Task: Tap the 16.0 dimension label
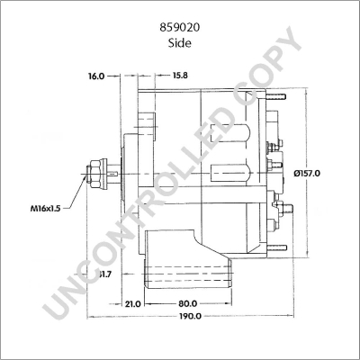pos(97,76)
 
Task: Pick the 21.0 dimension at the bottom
pos(132,304)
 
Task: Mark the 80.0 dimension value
pos(189,304)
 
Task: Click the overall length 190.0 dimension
pos(189,317)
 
